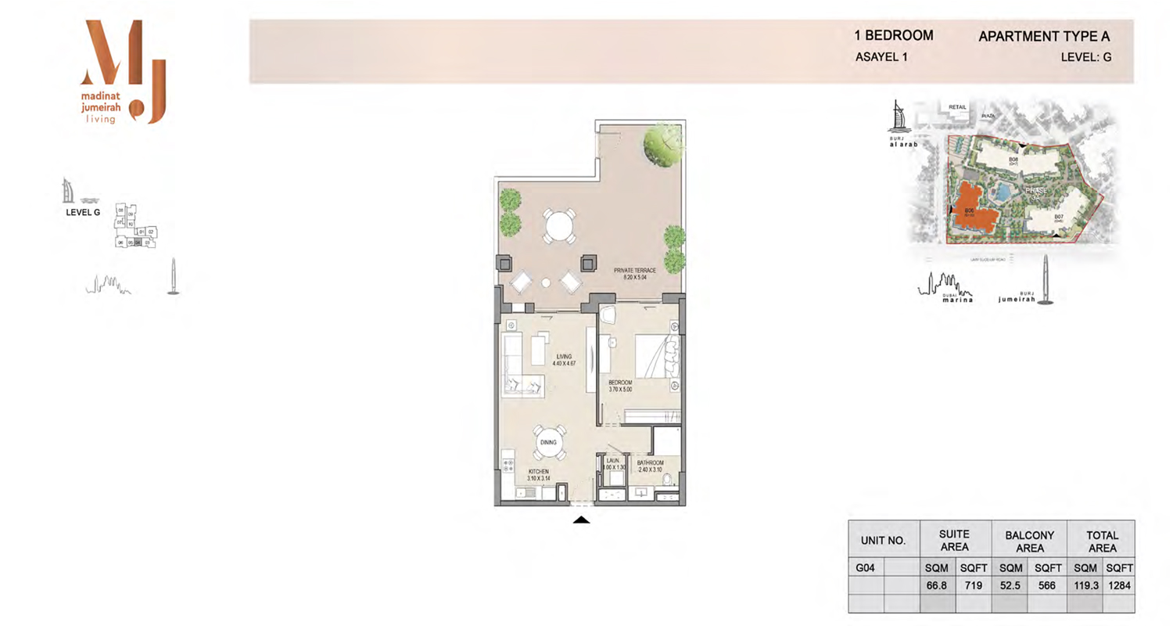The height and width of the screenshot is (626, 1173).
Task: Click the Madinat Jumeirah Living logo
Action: pyautogui.click(x=124, y=72)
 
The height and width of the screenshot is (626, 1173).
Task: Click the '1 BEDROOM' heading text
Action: pyautogui.click(x=894, y=35)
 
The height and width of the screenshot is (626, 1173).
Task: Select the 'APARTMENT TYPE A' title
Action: pyautogui.click(x=1043, y=36)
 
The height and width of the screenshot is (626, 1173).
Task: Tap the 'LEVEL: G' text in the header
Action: pyautogui.click(x=1085, y=57)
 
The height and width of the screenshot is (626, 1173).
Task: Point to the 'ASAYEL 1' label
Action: pyautogui.click(x=882, y=57)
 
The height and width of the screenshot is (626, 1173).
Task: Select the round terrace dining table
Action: pyautogui.click(x=559, y=226)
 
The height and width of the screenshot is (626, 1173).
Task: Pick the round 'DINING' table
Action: pyautogui.click(x=547, y=444)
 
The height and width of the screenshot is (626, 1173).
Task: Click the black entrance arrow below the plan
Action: pyautogui.click(x=580, y=520)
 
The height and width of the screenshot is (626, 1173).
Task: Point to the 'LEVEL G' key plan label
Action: pyautogui.click(x=83, y=212)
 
